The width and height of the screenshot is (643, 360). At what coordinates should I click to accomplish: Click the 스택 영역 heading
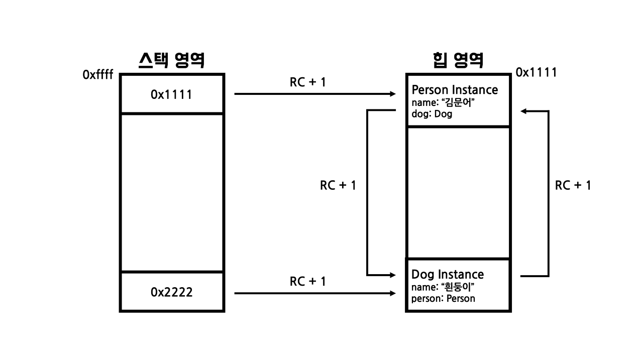[x=171, y=61]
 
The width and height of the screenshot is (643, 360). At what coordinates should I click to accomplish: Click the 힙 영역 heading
[x=458, y=61]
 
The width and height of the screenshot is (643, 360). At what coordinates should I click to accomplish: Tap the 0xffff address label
[x=98, y=75]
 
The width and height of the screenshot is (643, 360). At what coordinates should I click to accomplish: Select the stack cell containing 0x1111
[x=171, y=94]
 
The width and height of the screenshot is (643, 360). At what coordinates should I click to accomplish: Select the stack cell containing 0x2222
[x=171, y=292]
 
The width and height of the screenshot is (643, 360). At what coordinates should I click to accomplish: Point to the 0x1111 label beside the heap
[x=536, y=73]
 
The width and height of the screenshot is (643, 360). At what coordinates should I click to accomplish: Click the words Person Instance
[x=455, y=90]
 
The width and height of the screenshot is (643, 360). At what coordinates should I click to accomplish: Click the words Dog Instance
[x=448, y=275]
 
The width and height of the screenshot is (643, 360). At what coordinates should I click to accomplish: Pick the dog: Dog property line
[x=432, y=114]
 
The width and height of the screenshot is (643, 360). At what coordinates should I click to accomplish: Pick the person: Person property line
[x=443, y=299]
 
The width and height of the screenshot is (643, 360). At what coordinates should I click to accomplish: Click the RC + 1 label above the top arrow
[x=307, y=82]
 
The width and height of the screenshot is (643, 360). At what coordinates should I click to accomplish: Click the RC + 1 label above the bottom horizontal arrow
[x=307, y=282]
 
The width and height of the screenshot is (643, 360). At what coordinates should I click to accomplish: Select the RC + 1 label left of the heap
[x=338, y=185]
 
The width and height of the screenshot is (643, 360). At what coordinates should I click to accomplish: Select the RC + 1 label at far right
[x=573, y=185]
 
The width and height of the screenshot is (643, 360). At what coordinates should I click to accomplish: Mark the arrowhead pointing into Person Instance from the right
[x=523, y=111]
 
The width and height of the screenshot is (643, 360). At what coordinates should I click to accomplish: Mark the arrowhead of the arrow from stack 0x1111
[x=393, y=94]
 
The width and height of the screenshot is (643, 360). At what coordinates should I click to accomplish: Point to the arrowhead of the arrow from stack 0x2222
[x=393, y=293]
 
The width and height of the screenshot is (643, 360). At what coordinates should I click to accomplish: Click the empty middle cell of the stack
[x=171, y=192]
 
